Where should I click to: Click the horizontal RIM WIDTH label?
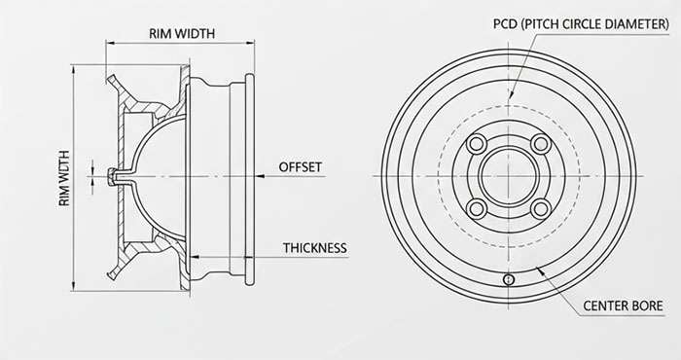[182, 33]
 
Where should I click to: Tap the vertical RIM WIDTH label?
[64, 178]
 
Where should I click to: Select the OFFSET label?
[300, 167]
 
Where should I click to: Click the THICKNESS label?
[315, 248]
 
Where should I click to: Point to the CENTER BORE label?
[623, 306]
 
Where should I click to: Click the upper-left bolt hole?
[477, 144]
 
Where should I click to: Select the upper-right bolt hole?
[541, 144]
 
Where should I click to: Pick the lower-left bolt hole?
[477, 208]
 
